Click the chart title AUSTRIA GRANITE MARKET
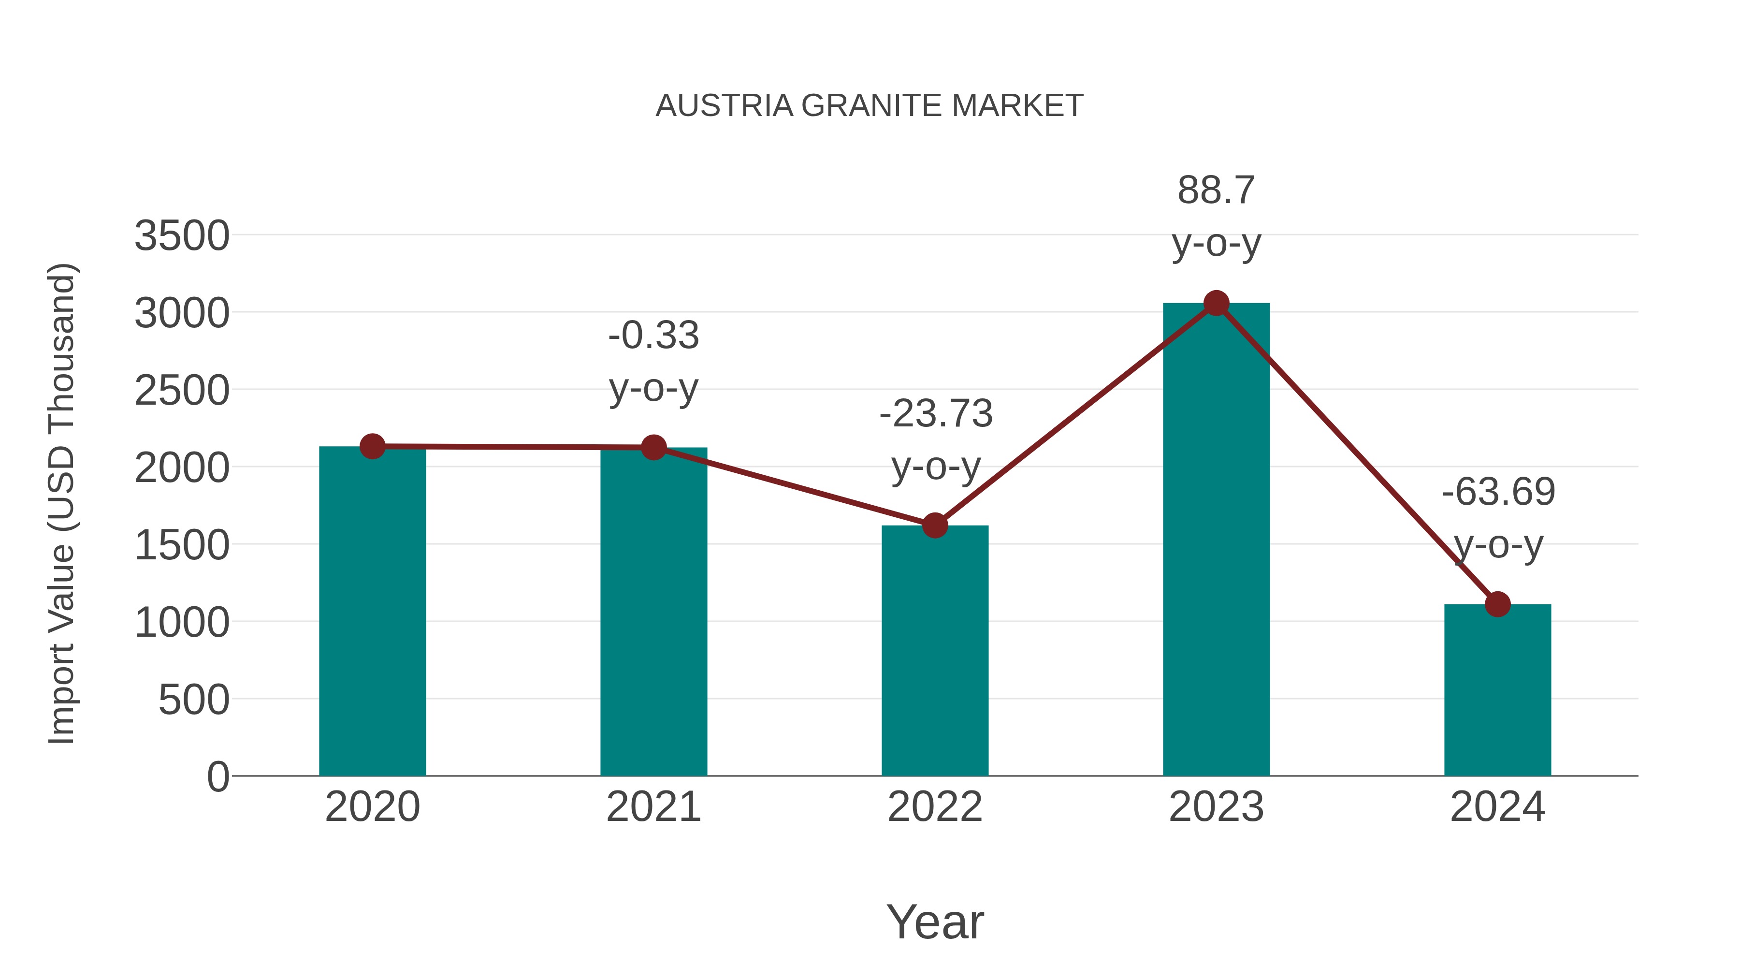click(870, 106)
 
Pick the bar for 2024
click(1497, 690)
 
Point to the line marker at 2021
click(653, 447)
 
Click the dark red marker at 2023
click(1216, 303)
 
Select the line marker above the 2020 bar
click(372, 446)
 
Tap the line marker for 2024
click(1497, 604)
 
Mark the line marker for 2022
click(935, 525)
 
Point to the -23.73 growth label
click(936, 413)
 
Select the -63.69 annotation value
click(1498, 492)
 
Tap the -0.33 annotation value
click(653, 336)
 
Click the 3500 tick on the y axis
click(182, 236)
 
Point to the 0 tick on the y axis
click(217, 777)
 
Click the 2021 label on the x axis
click(653, 807)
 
